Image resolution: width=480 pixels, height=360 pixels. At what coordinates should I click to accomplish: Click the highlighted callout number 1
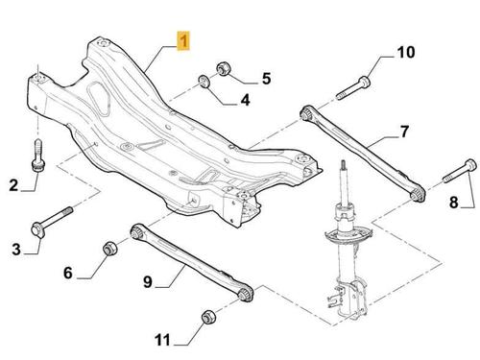tap(183, 40)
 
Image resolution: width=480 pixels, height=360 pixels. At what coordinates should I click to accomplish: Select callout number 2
tap(13, 185)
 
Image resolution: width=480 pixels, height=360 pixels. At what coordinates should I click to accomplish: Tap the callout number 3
tap(16, 249)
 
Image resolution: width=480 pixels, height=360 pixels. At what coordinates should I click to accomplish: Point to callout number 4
tap(245, 100)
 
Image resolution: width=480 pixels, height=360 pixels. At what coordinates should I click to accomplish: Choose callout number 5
tap(266, 79)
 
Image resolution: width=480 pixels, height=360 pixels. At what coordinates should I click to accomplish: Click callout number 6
tap(68, 273)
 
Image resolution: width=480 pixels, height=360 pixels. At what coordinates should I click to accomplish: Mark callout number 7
tap(404, 132)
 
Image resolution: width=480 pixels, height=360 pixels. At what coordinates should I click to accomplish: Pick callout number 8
tap(454, 203)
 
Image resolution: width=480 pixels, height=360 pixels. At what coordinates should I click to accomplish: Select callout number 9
tap(148, 282)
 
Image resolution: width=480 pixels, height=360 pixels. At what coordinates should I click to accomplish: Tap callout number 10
tap(406, 52)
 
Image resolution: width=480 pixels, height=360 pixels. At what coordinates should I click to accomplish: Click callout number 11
tap(162, 340)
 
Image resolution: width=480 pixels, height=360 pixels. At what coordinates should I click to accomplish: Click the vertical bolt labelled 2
tap(38, 156)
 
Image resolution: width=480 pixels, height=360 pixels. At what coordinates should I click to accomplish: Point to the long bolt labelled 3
tap(52, 222)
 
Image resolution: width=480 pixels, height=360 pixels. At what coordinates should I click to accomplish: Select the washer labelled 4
tap(204, 81)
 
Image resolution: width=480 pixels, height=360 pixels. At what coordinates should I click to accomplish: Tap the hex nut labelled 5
tap(223, 69)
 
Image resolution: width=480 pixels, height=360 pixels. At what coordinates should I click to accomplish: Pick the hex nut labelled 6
tap(109, 249)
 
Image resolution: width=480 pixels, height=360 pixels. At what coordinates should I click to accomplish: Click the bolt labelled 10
tap(353, 86)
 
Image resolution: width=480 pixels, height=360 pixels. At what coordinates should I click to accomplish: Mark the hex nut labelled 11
tap(209, 317)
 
